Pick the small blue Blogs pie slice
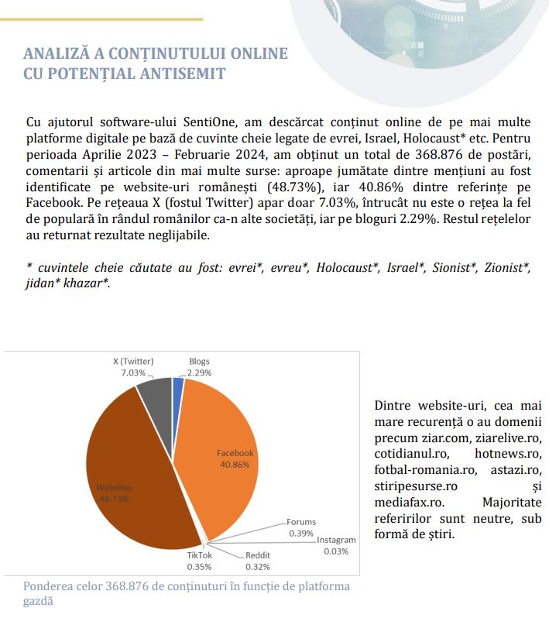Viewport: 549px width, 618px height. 178,383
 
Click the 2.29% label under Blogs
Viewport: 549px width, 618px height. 200,373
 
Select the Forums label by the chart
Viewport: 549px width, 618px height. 301,522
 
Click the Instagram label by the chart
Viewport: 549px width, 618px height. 336,540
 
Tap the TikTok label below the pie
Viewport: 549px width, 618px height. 200,555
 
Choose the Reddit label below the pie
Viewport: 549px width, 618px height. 259,555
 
